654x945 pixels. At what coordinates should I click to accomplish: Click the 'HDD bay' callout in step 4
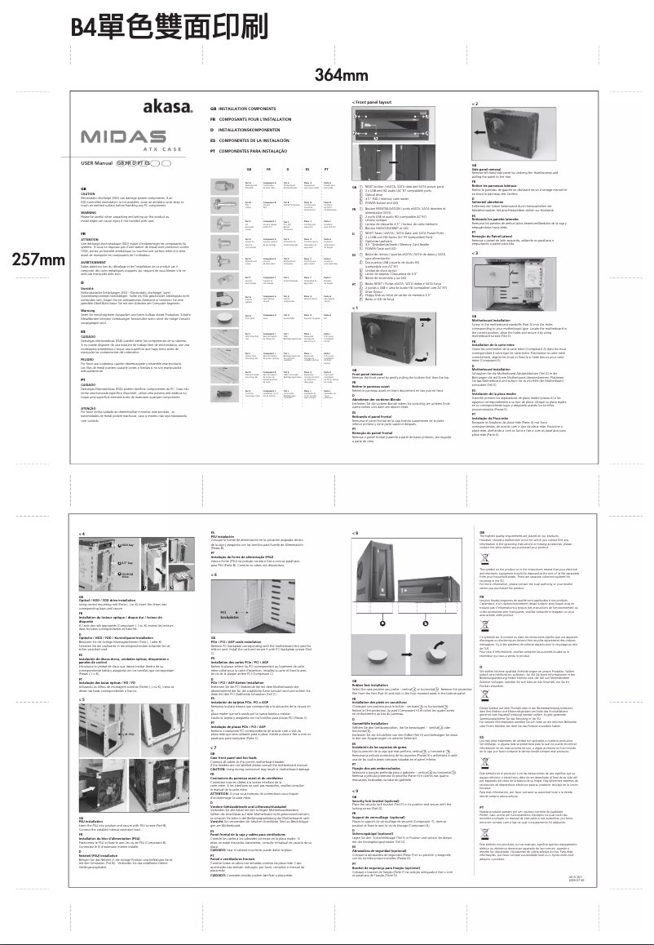[123, 543]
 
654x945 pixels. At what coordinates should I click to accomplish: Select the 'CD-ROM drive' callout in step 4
[125, 576]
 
